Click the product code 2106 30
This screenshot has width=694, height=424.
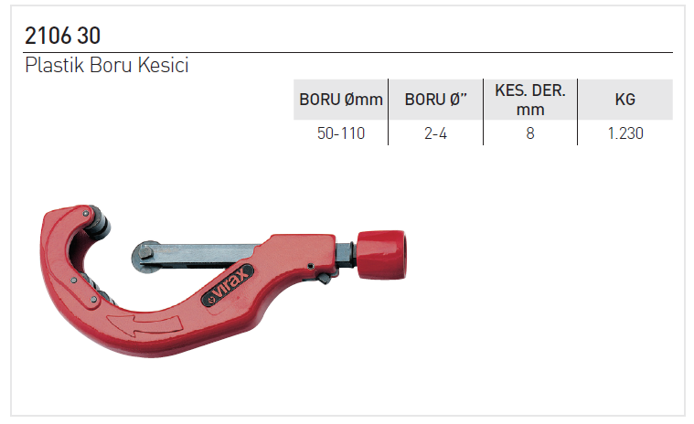(x=62, y=36)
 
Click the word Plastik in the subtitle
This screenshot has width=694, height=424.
(x=55, y=65)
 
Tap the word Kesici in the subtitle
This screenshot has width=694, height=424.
(x=164, y=65)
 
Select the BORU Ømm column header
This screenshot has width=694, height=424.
(x=341, y=100)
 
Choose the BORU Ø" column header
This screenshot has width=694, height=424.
(x=436, y=100)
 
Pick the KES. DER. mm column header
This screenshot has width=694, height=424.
(x=530, y=100)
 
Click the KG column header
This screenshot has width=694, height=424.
(x=625, y=100)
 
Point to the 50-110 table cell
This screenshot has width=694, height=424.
(x=341, y=133)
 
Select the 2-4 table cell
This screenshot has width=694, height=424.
(x=435, y=133)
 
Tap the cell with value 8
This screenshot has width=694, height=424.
(x=530, y=133)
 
